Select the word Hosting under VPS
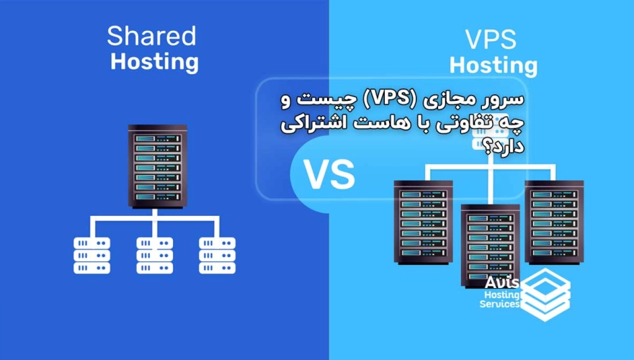494,66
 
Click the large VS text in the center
329,174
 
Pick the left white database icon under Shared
91,255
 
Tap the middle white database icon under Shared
154,255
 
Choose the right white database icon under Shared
217,255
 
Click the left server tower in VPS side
422,222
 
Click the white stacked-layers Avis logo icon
545,294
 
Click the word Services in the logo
500,304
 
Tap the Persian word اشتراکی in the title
314,122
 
